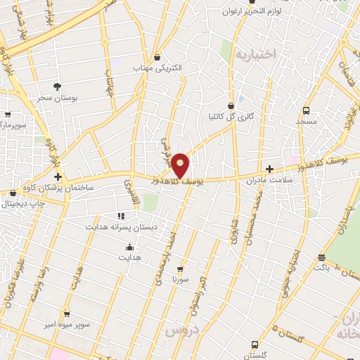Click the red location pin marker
(x=180, y=165)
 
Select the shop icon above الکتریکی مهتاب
(x=157, y=58)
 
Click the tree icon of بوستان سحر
(x=57, y=86)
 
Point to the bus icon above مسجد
(x=306, y=110)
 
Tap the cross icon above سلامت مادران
(x=271, y=169)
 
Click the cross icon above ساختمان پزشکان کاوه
(x=58, y=176)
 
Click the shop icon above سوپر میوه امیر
(x=67, y=314)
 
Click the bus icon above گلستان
(x=255, y=345)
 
